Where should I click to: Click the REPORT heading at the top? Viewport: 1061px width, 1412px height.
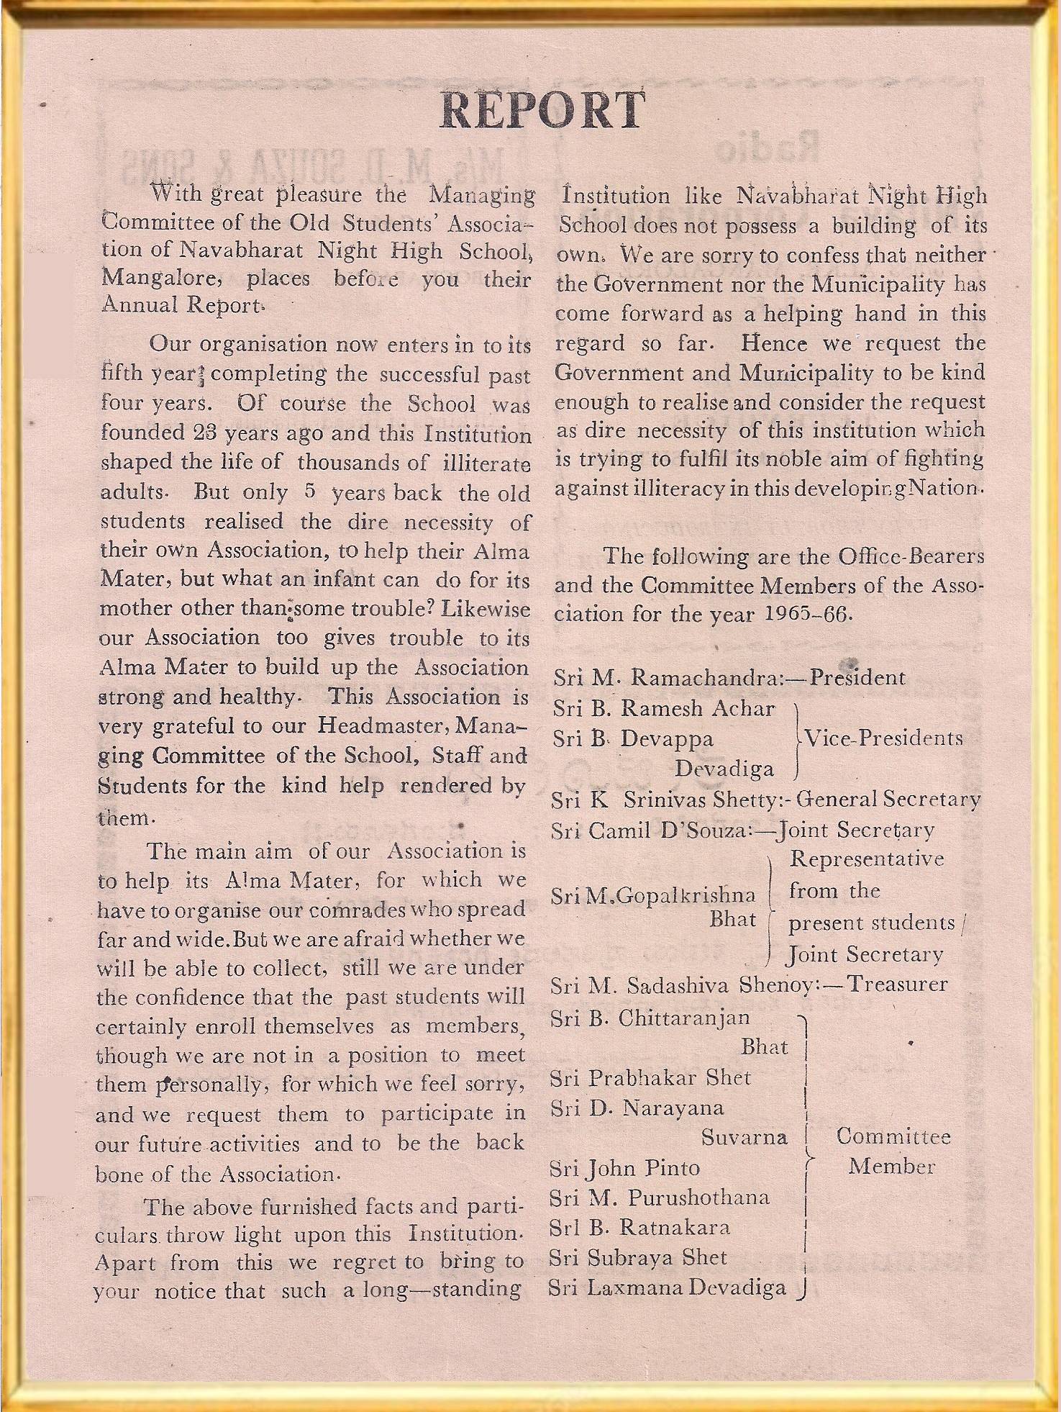tap(541, 110)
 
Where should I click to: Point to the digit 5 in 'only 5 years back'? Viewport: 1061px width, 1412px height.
tap(310, 492)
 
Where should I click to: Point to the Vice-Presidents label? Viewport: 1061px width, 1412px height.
tap(883, 738)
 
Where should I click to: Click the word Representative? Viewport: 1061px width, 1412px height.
tap(867, 859)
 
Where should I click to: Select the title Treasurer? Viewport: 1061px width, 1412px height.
tap(898, 984)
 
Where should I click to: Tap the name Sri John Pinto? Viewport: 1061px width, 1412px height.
tap(624, 1167)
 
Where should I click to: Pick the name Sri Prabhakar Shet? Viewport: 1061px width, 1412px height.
tap(650, 1077)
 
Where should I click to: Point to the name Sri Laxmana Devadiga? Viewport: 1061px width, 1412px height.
tap(667, 1287)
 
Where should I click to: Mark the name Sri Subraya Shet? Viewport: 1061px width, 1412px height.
tap(637, 1257)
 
